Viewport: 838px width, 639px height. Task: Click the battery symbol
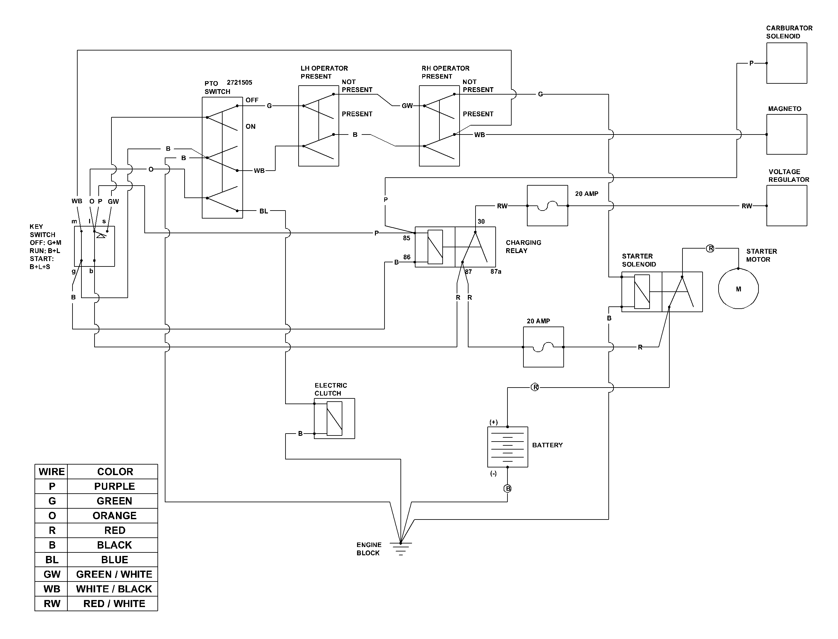[507, 447]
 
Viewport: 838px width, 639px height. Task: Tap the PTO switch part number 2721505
[239, 82]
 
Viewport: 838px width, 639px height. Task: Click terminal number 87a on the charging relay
[496, 272]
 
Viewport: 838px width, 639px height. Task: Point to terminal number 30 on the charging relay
[481, 221]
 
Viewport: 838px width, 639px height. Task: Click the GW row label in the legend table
[52, 574]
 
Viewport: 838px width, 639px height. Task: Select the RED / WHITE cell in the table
[114, 604]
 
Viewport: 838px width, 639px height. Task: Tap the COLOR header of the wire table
[115, 472]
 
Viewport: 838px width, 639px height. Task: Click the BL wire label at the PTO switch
[263, 211]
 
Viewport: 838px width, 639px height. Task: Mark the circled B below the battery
[507, 489]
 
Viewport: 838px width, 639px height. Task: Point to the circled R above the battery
[535, 387]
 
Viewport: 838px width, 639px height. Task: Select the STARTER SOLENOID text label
[639, 260]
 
